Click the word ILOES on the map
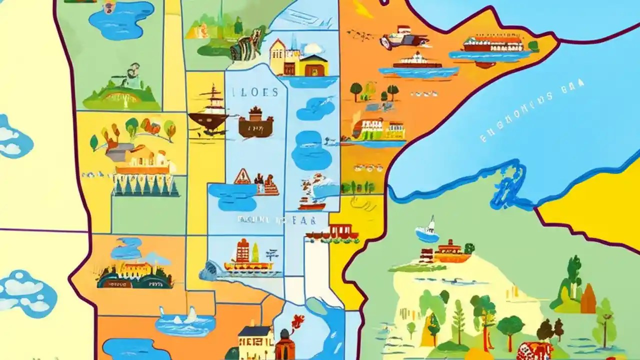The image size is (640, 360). click(x=255, y=92)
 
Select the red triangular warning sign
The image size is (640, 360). click(x=243, y=176)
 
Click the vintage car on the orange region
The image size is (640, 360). click(x=403, y=38)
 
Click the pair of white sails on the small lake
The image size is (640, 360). click(x=177, y=314)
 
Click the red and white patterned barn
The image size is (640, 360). click(x=534, y=350)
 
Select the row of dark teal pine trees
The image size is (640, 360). click(x=145, y=185)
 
